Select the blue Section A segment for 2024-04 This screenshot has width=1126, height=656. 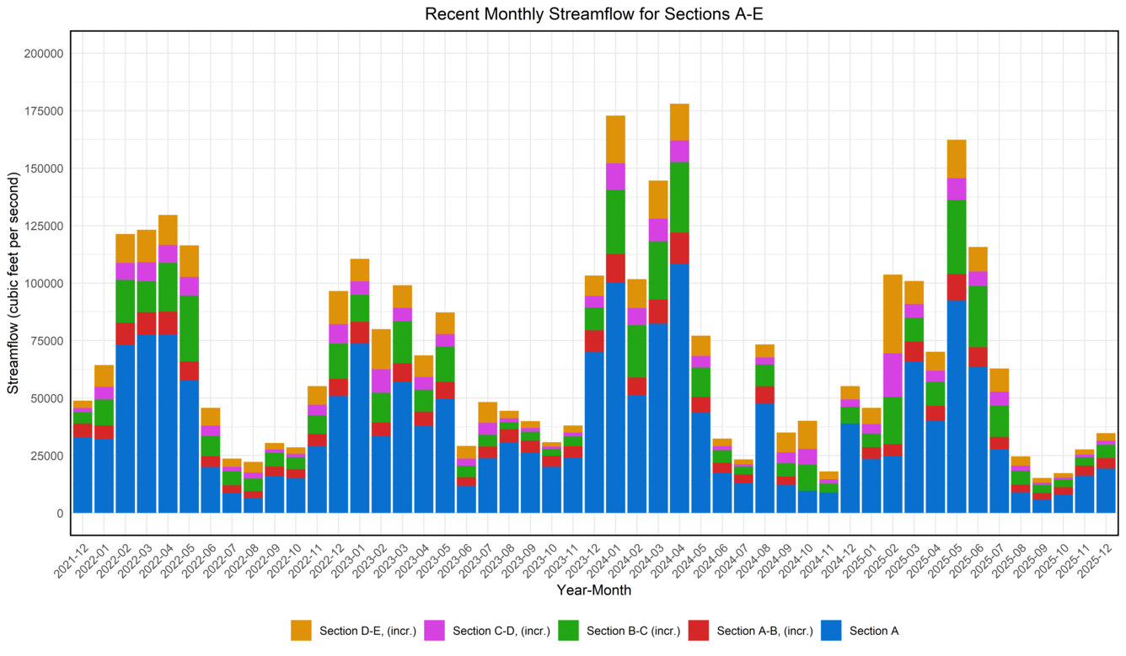click(x=679, y=387)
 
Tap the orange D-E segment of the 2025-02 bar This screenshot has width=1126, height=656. click(x=893, y=313)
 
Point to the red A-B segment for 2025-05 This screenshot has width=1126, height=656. click(x=957, y=287)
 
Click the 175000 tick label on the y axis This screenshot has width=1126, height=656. click(x=42, y=111)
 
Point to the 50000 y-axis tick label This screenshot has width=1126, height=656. click(x=46, y=398)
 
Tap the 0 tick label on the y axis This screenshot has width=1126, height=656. click(x=60, y=513)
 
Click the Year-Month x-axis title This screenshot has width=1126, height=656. click(x=593, y=590)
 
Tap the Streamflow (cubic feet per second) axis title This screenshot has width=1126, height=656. click(x=13, y=282)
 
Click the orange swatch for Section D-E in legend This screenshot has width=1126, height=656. click(x=301, y=630)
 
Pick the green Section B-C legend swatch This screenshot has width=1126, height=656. click(x=568, y=630)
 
